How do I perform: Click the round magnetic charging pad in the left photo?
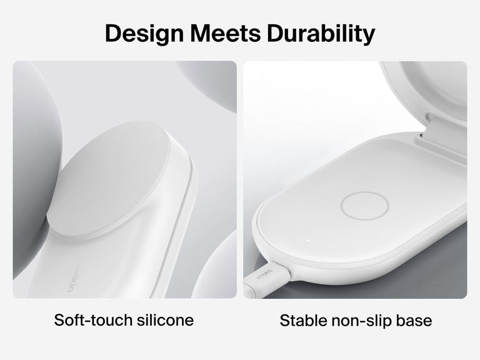[106, 181]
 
